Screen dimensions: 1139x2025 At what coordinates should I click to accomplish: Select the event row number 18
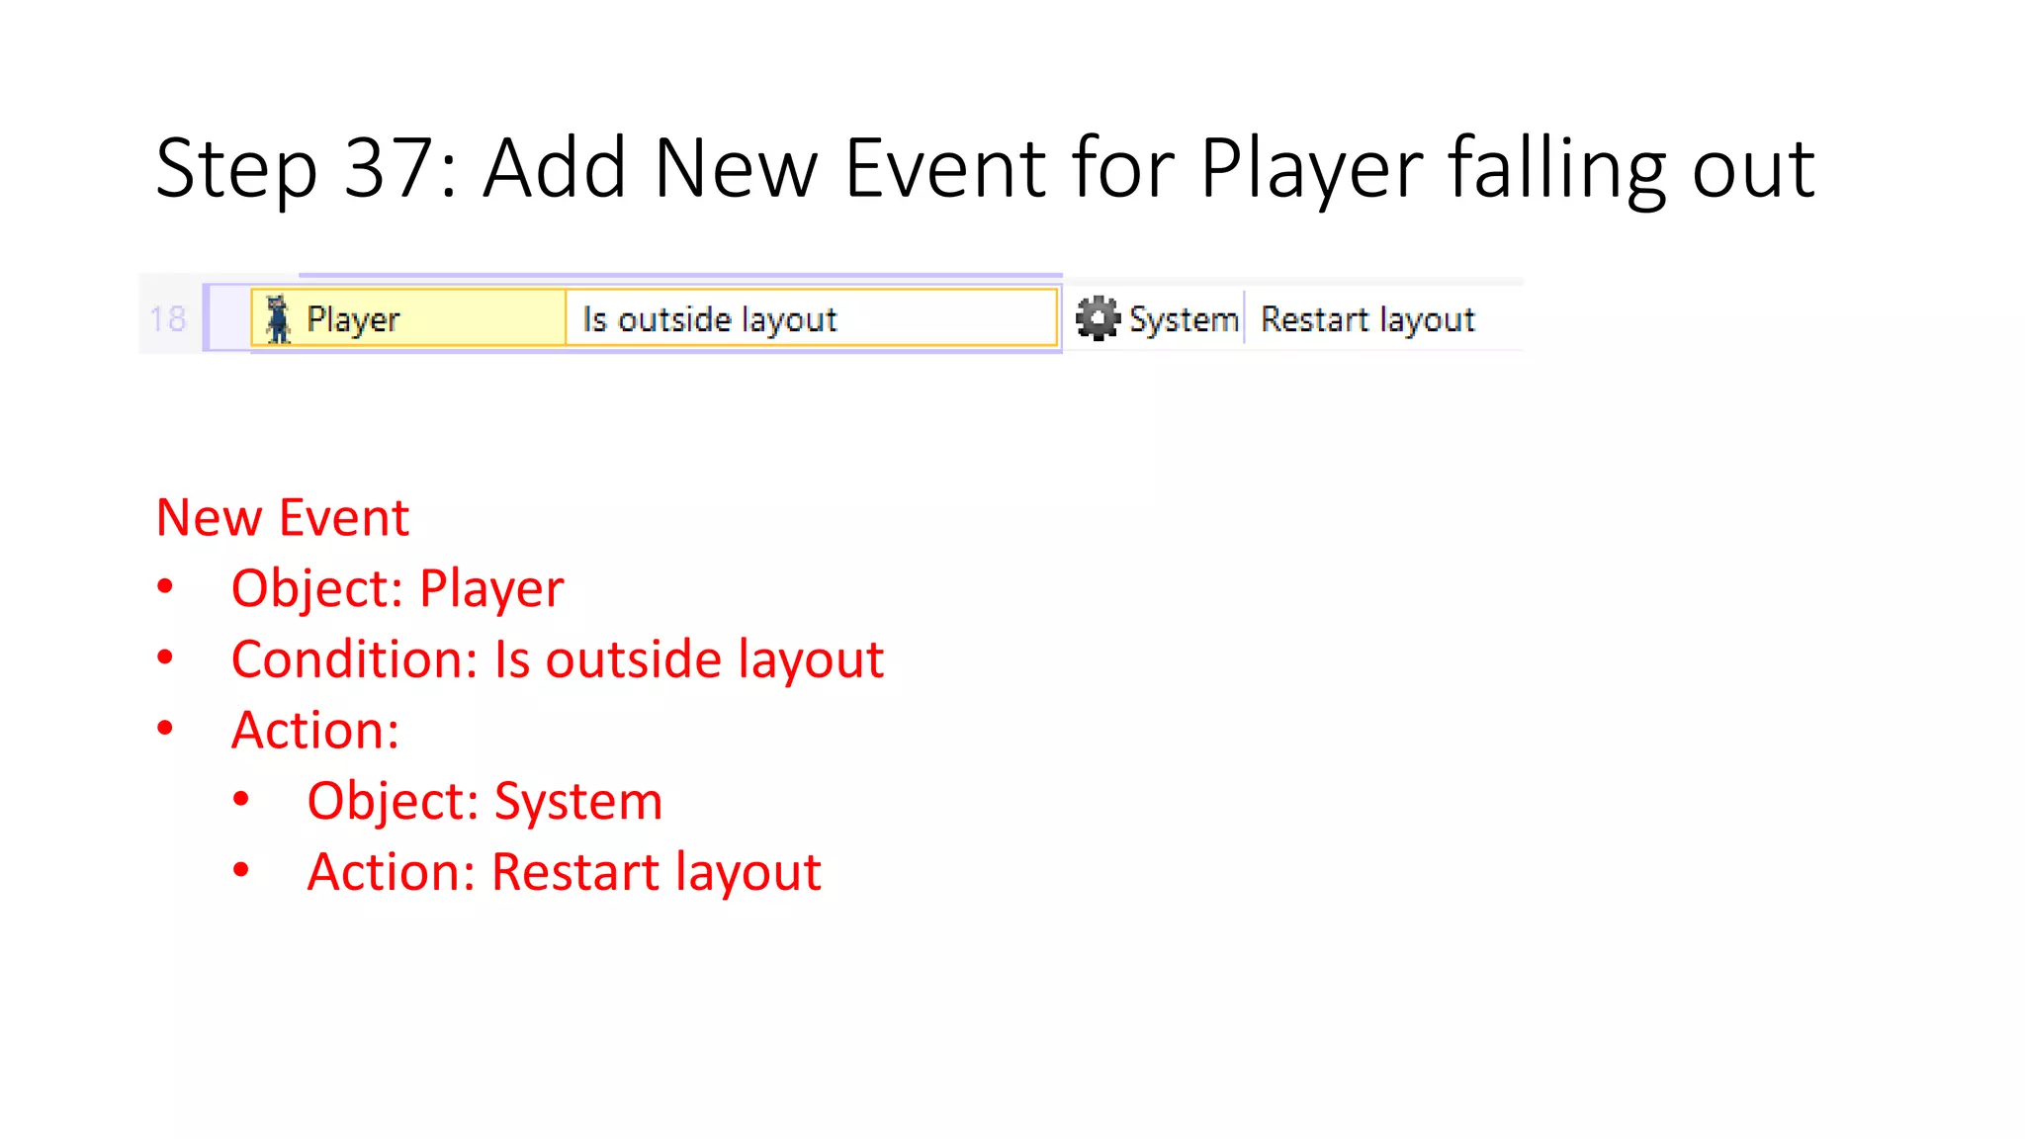tap(167, 318)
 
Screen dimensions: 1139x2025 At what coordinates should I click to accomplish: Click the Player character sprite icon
tap(279, 318)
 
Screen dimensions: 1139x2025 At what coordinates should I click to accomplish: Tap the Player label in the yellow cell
tap(353, 319)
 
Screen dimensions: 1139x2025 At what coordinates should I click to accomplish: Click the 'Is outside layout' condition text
tap(709, 319)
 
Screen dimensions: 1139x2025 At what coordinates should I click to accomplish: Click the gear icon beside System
tap(1097, 318)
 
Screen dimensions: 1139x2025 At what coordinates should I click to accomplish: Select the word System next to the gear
tap(1184, 319)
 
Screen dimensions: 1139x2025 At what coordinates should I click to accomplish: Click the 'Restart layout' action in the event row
tap(1367, 319)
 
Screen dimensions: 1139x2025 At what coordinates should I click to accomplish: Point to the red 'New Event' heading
tap(283, 517)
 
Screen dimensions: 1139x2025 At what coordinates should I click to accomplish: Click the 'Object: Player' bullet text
tap(397, 588)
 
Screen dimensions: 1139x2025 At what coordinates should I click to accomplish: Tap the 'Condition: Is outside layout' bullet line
tap(557, 659)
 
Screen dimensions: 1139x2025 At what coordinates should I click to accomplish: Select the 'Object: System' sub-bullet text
tap(484, 801)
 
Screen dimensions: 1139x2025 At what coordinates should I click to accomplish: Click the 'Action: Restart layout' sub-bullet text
tap(564, 872)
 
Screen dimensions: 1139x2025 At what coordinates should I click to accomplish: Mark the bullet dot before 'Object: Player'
tap(165, 586)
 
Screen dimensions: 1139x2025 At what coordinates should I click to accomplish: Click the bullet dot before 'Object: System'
tap(241, 799)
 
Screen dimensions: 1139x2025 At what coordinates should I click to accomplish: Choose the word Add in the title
tap(555, 169)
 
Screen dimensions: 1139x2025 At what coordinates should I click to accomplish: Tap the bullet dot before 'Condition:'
tap(165, 657)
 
